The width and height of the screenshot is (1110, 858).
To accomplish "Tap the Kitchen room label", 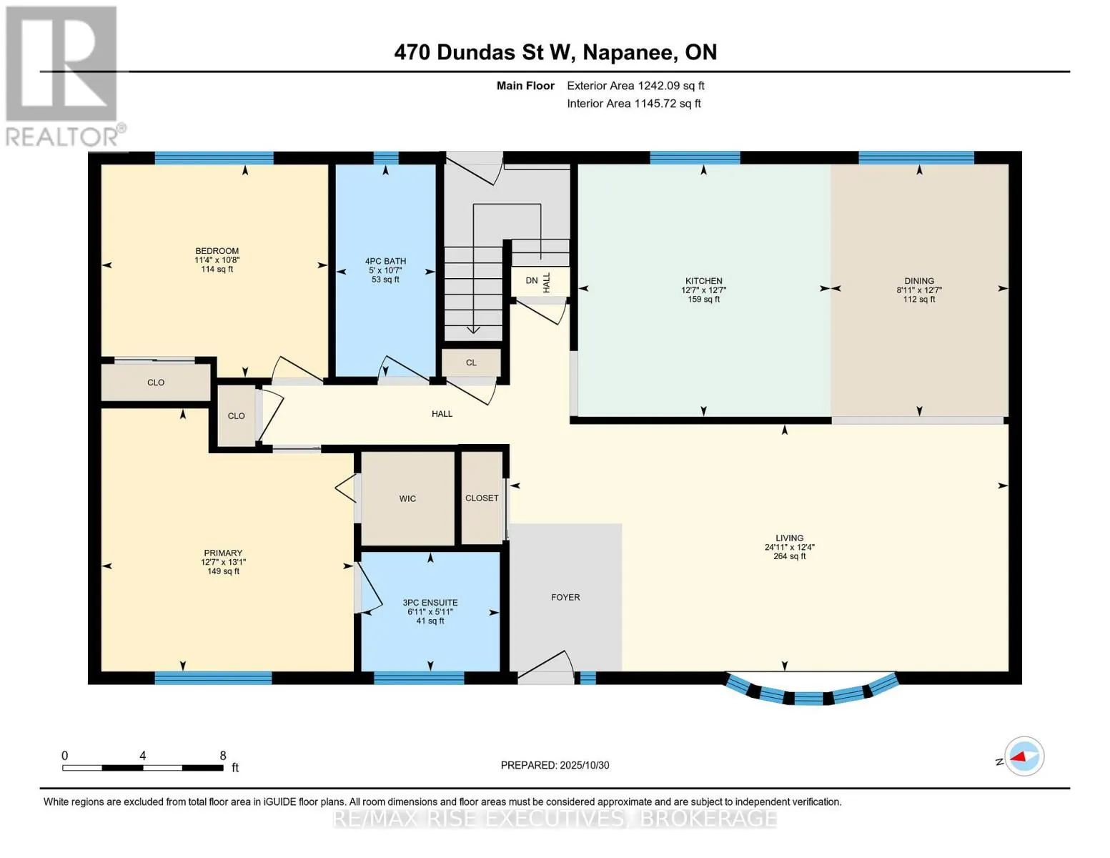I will coord(703,281).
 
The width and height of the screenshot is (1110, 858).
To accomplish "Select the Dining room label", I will coord(918,281).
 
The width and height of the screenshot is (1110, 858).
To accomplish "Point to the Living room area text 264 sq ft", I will coord(789,556).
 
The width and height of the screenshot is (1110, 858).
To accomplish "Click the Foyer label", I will coord(565,597).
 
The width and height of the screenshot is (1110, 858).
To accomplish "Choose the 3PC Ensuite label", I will coord(430,603).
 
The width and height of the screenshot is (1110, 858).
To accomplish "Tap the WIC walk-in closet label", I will coord(407,498).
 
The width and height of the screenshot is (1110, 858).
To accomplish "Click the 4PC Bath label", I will coord(385,262).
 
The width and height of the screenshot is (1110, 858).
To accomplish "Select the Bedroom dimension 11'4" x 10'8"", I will coord(217,260).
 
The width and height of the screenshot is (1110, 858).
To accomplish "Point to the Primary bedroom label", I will coord(223,553).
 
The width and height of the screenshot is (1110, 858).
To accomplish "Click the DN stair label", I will coord(531,281).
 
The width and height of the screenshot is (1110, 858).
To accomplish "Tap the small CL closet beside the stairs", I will coord(471,363).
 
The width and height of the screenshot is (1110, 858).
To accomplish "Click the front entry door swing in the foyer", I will coord(547,664).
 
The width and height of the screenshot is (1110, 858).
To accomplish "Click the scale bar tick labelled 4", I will coord(143,756).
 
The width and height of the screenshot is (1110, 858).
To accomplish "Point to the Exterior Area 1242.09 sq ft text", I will coord(635,86).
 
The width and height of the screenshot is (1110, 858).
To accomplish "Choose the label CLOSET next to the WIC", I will coord(482,498).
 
